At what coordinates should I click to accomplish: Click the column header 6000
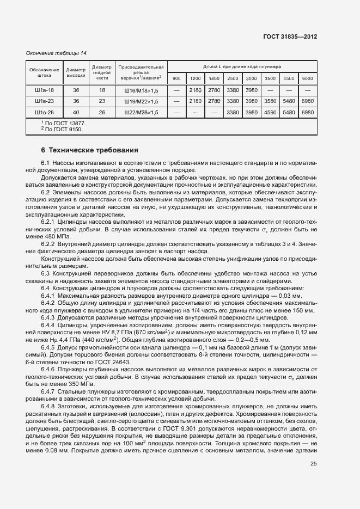(307, 78)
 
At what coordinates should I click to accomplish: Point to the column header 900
(176, 78)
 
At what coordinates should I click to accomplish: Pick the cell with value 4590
(270, 112)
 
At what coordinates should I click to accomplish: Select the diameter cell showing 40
(76, 112)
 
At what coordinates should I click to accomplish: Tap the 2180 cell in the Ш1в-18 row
(195, 90)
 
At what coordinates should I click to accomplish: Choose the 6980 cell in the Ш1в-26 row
(307, 112)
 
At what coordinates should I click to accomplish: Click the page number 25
(313, 464)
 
